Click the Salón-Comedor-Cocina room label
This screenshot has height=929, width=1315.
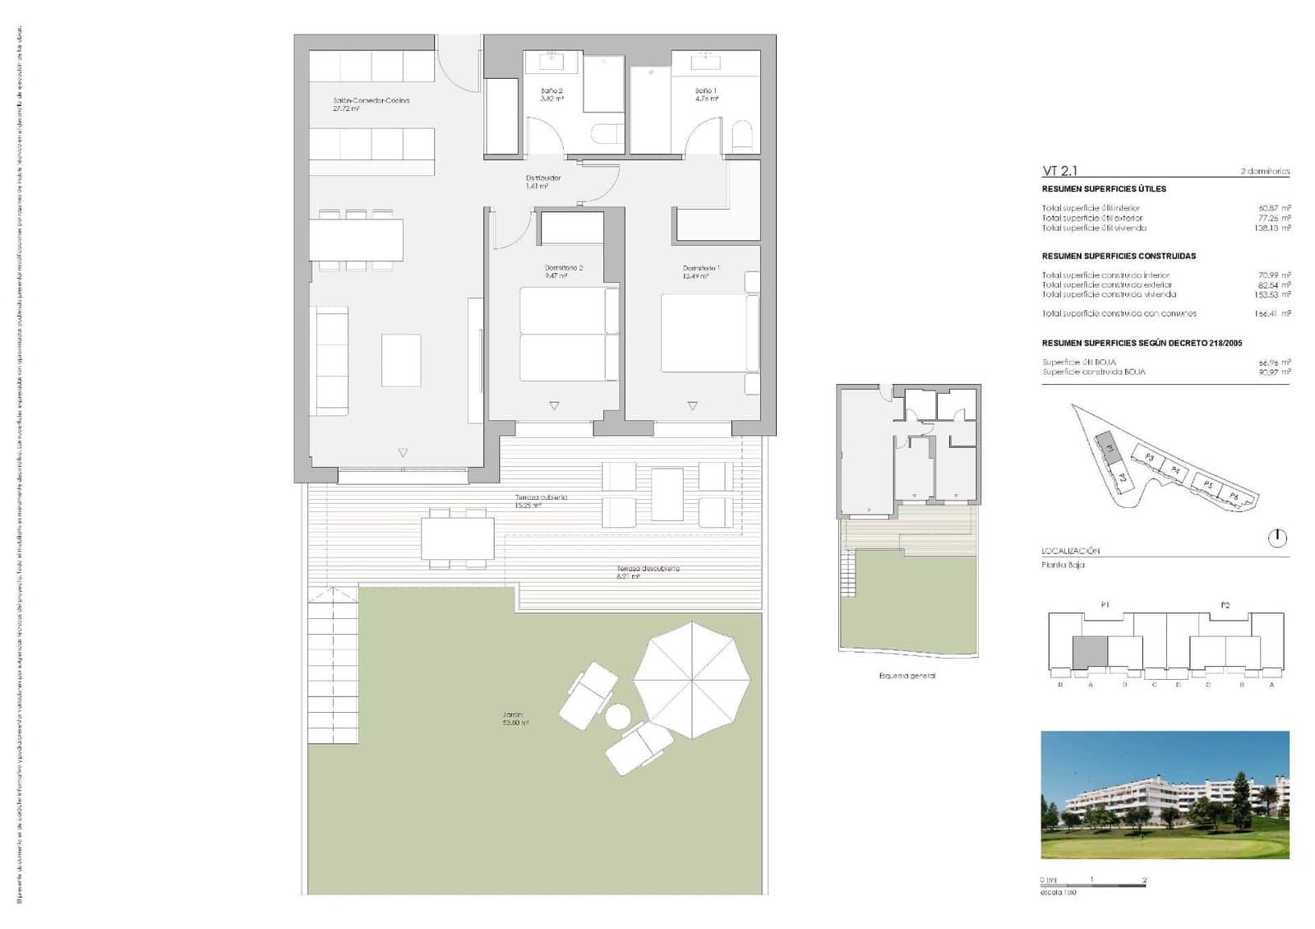371,101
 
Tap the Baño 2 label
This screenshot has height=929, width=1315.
551,91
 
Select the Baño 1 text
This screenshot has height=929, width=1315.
706,91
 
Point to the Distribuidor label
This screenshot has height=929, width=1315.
543,178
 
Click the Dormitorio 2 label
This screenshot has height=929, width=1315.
563,269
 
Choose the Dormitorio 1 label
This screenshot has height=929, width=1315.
701,269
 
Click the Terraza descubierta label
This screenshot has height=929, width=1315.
648,569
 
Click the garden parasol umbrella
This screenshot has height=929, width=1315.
692,680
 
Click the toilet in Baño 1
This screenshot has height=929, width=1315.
742,137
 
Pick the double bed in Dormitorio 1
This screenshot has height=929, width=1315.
709,333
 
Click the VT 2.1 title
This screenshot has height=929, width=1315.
1059,171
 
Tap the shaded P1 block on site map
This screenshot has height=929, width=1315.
1107,449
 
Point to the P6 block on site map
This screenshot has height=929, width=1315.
1234,497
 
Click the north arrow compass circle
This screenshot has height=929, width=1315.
1277,538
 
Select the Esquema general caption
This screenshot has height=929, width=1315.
907,676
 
